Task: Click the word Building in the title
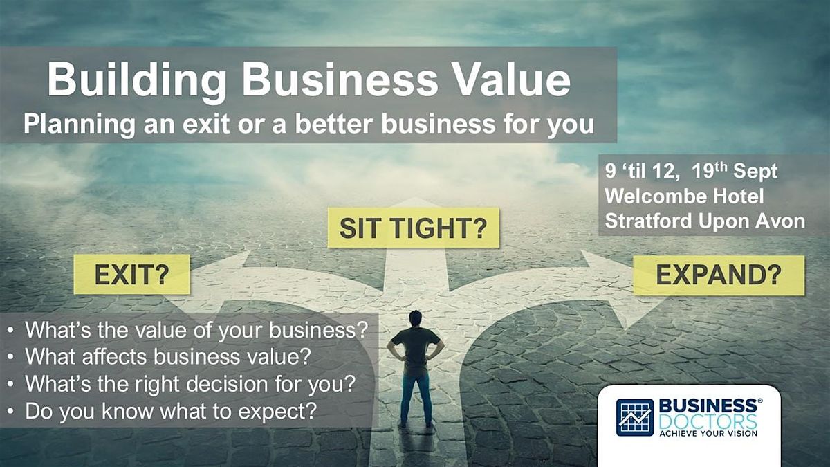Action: pos(137,82)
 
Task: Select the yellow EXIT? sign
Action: pos(132,274)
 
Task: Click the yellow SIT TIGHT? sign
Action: pos(414,228)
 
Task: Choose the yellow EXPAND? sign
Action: pos(719,275)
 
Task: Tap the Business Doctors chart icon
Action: pos(635,417)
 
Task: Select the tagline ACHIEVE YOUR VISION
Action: pos(708,434)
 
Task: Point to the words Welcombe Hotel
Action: pos(684,196)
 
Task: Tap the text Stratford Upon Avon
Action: pos(705,221)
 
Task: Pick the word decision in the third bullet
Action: pos(227,383)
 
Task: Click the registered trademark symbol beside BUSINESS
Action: pos(760,401)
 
